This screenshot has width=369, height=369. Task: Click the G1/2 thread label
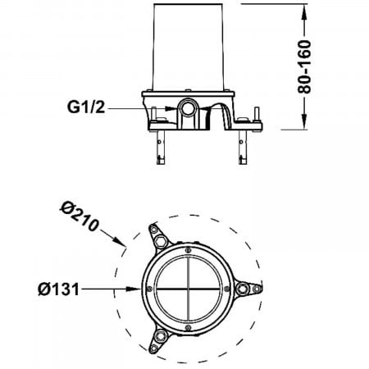(86, 107)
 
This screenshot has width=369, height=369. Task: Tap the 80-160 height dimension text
(304, 66)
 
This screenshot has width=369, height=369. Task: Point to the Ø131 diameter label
(58, 289)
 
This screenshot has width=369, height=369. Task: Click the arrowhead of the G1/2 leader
(171, 108)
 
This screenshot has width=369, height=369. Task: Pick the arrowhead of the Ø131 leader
(134, 289)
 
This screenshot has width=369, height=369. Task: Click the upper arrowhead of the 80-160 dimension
(304, 11)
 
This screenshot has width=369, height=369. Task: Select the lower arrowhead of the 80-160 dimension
(304, 121)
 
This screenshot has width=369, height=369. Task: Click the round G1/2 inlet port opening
(188, 108)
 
